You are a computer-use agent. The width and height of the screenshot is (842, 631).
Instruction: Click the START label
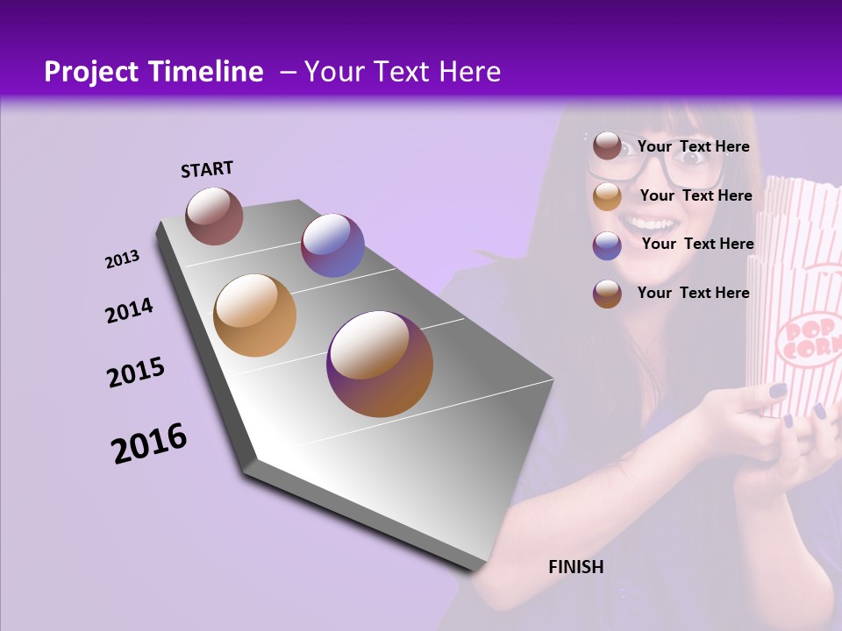[x=207, y=169]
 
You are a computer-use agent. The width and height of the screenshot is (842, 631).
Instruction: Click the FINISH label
[x=575, y=567]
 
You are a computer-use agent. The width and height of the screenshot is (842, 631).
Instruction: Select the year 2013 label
[x=122, y=259]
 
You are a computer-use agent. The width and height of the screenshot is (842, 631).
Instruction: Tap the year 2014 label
[x=129, y=311]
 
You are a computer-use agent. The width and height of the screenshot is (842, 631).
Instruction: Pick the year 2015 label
[x=136, y=372]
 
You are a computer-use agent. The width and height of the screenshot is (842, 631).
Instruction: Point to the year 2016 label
[x=149, y=443]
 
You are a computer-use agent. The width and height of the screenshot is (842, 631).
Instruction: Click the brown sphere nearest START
[x=214, y=216]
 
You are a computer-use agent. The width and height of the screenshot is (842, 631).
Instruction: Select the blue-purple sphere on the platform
[x=332, y=245]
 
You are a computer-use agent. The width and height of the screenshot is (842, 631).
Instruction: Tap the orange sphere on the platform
[x=254, y=315]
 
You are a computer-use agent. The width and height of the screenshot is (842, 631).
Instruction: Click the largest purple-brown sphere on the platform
[x=380, y=364]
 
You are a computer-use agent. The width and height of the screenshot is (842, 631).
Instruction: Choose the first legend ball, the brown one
[x=607, y=146]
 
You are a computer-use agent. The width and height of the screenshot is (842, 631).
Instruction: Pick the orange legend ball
[x=607, y=196]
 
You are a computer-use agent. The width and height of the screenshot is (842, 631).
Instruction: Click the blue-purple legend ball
[x=607, y=245]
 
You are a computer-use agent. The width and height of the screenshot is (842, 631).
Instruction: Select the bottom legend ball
[x=607, y=294]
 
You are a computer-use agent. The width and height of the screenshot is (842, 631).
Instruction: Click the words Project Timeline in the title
[x=153, y=72]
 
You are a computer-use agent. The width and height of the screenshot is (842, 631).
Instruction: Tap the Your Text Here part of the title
[x=403, y=72]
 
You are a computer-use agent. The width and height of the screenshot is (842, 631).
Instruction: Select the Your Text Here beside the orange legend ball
[x=696, y=195]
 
